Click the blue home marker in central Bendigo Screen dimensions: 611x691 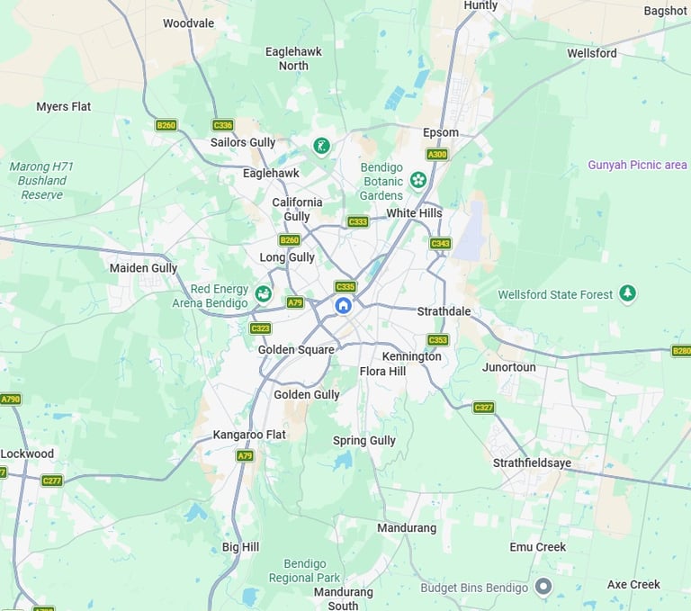[x=343, y=306]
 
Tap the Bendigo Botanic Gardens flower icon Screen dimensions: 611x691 [x=417, y=180]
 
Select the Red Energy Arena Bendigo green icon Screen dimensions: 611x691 [x=263, y=293]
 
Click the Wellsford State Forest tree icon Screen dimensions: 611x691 [x=628, y=293]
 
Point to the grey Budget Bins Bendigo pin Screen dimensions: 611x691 [x=543, y=587]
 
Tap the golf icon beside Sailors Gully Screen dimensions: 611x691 [x=320, y=146]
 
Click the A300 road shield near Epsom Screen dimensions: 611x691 [x=437, y=155]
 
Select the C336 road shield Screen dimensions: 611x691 [x=222, y=125]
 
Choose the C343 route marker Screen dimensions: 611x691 [x=440, y=243]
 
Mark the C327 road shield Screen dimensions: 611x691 [x=484, y=408]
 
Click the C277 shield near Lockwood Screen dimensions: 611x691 [x=52, y=481]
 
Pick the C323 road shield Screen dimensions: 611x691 [x=261, y=328]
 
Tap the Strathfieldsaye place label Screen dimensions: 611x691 [x=532, y=463]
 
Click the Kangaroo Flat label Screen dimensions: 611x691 [x=249, y=435]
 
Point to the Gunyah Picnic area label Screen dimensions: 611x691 [x=637, y=165]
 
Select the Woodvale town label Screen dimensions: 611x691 [x=188, y=23]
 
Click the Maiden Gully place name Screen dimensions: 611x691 [x=143, y=268]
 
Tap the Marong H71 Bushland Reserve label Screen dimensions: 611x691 [x=42, y=180]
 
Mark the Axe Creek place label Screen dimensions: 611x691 [x=633, y=584]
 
